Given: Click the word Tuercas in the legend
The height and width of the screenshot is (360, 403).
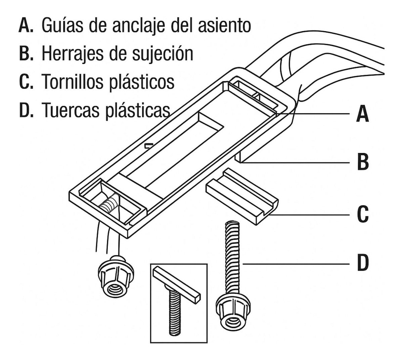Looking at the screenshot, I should coord(69,109).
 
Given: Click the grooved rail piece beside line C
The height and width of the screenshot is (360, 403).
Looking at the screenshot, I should coord(242,198).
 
